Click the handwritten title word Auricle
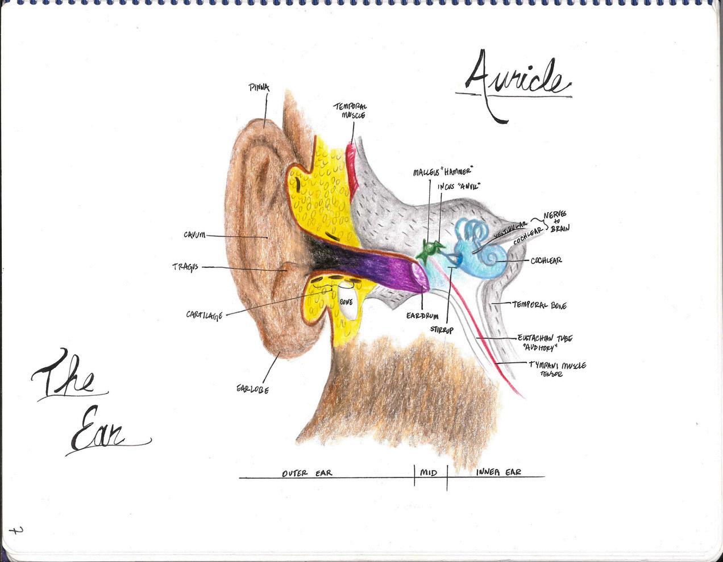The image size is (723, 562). click(514, 82)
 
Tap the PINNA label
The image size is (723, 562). click(259, 88)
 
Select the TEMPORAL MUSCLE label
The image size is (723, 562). click(351, 111)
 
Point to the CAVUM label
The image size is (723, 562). click(194, 234)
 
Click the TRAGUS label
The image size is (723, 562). click(186, 266)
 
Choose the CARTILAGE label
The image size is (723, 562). click(204, 314)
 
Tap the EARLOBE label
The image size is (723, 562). click(252, 389)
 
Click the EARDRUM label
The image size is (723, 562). click(422, 316)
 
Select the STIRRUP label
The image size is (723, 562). click(442, 329)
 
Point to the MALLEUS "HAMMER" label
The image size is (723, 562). click(443, 171)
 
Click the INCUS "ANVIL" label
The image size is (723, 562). click(459, 186)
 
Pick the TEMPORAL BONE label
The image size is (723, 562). click(539, 305)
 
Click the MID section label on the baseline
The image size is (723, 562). click(429, 472)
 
